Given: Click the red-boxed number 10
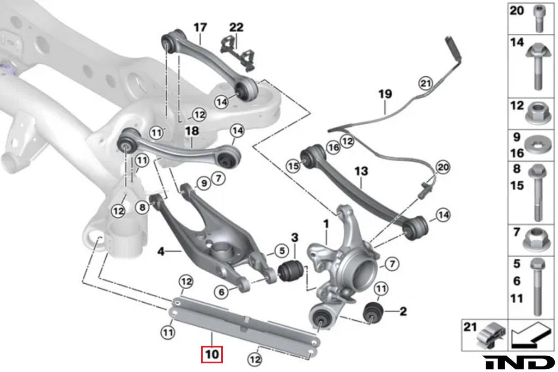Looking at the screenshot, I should click(x=212, y=354).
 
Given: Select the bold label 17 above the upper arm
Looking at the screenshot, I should click(x=200, y=27).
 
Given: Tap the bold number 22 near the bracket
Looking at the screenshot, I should click(x=236, y=27).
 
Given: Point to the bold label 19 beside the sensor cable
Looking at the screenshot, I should click(x=385, y=94).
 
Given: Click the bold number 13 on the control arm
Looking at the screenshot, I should click(x=362, y=172).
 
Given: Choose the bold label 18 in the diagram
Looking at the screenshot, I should click(x=192, y=131).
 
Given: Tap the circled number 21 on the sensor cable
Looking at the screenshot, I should click(x=426, y=83).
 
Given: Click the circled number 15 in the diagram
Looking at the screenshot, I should click(x=294, y=166).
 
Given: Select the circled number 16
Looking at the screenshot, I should click(x=333, y=147).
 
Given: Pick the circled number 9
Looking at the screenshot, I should click(x=203, y=184).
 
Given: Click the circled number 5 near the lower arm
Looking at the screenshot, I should click(x=281, y=251).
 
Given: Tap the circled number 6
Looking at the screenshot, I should click(x=222, y=292).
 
